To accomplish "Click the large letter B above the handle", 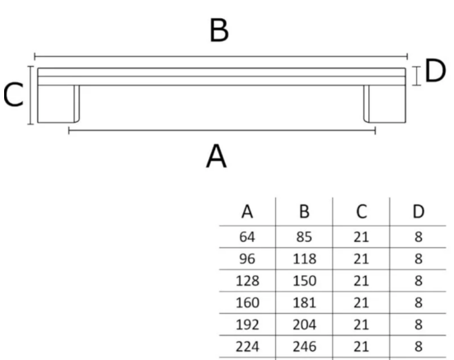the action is click(x=219, y=30).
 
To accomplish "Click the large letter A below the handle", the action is click(x=216, y=157).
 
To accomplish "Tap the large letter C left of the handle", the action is click(x=13, y=95).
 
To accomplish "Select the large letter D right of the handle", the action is click(x=435, y=71).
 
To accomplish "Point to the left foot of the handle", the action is click(x=59, y=104).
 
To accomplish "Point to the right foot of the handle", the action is click(x=385, y=104).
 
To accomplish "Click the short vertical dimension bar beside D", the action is click(x=416, y=76).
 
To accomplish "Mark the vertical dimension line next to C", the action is click(x=30, y=96).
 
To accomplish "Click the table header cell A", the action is click(x=247, y=212).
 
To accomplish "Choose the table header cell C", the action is click(x=361, y=212).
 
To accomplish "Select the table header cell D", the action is click(x=418, y=212).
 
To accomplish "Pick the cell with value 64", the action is click(x=247, y=237).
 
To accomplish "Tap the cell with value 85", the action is click(x=304, y=237).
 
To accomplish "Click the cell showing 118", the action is click(x=304, y=259).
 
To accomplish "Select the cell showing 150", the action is click(x=304, y=281).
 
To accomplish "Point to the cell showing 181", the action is click(x=304, y=302).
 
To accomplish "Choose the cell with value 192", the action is click(x=247, y=325).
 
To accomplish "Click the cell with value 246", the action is click(x=304, y=346).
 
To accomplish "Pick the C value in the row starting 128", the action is click(x=361, y=281).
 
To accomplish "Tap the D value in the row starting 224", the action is click(x=418, y=346).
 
